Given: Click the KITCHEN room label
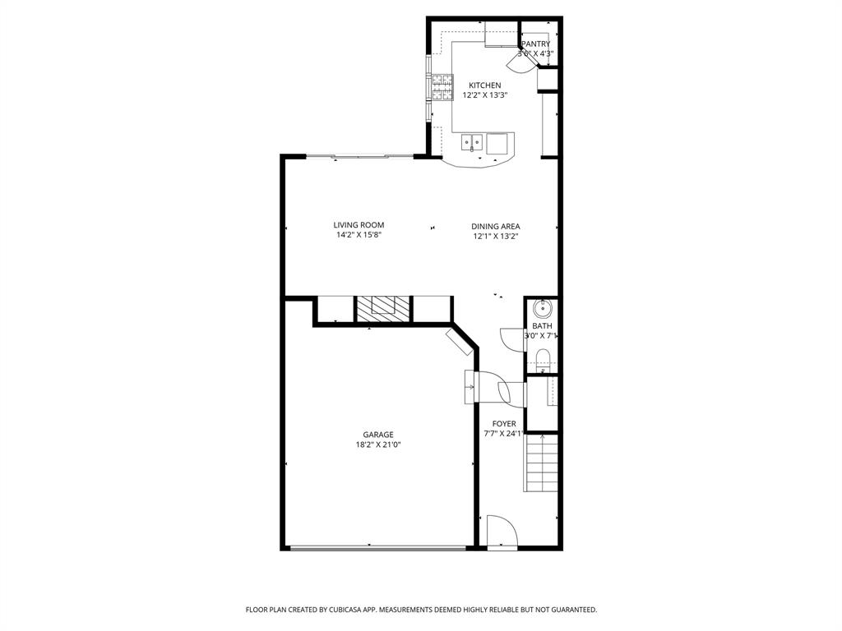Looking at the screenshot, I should [x=484, y=85].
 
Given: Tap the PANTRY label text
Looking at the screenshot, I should [x=535, y=44].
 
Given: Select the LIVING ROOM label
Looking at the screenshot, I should [x=359, y=225].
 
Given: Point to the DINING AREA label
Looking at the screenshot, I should [x=495, y=227].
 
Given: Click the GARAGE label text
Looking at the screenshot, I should [x=378, y=435].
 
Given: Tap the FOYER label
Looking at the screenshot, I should [x=499, y=424].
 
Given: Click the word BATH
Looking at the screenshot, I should [x=542, y=326].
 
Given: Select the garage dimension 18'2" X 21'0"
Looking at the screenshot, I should [x=378, y=444].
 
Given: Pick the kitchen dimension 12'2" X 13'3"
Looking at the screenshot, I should [x=484, y=95].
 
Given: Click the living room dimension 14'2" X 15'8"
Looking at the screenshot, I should [x=359, y=235].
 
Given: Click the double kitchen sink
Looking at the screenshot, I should [x=471, y=143].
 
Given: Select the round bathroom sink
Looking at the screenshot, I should [x=542, y=309].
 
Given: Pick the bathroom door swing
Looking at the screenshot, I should [x=511, y=339].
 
